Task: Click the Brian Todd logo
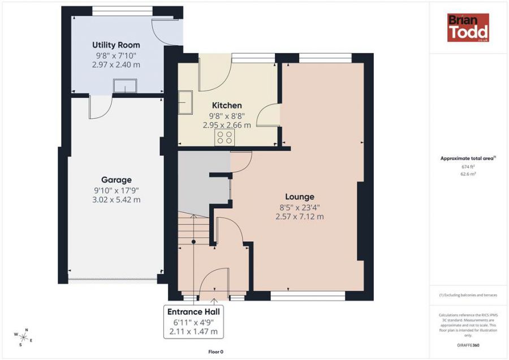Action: (x=468, y=28)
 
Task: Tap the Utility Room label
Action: (x=116, y=45)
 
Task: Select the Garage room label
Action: (x=117, y=180)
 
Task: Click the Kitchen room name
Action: (x=227, y=105)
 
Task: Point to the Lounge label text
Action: (x=299, y=197)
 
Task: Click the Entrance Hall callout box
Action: (x=194, y=322)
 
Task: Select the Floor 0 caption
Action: (x=215, y=352)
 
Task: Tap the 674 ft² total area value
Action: (x=468, y=167)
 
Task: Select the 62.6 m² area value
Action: (x=468, y=174)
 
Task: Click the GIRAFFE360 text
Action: (x=468, y=345)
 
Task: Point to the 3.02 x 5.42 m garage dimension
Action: (x=117, y=200)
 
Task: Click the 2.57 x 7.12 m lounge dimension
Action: (x=299, y=216)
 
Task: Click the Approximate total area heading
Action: (x=468, y=158)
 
